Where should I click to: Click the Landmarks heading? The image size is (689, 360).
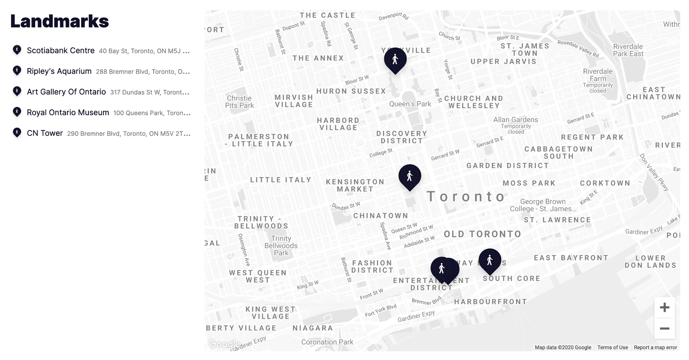point(60,21)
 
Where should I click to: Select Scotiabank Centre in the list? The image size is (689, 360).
point(60,50)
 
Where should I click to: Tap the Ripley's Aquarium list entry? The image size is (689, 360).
point(59,71)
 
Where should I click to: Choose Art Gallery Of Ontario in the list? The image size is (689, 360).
point(66,92)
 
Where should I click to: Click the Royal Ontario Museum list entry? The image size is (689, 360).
point(68,112)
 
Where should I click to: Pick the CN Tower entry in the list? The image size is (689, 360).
point(45,133)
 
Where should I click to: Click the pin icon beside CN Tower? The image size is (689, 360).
point(17,133)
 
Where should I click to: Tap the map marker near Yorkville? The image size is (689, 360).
point(395,60)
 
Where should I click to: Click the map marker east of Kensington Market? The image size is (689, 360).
point(410,176)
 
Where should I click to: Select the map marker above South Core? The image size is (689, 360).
point(490,261)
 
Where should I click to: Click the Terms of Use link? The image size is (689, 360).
point(612,347)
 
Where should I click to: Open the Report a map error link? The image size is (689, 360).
point(655,347)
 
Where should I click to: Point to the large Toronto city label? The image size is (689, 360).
point(466,196)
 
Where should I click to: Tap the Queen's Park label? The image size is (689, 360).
point(410,104)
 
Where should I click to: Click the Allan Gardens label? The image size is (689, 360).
point(516,120)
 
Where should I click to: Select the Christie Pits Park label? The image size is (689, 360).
point(239,102)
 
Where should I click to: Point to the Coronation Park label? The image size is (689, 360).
point(327,342)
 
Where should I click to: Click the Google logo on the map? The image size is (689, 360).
point(224,344)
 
